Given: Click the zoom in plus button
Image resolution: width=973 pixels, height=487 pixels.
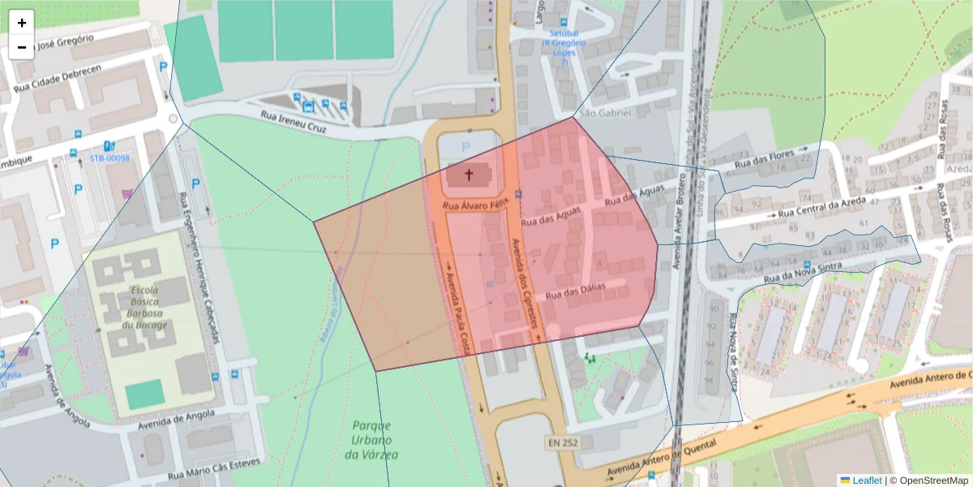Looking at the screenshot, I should pyautogui.click(x=22, y=23).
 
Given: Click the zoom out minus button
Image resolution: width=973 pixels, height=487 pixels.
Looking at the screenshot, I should pyautogui.click(x=22, y=47).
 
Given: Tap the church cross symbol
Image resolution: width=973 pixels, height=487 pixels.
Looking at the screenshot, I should pyautogui.click(x=469, y=174).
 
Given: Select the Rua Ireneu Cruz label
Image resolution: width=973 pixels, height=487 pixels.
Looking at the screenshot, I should pyautogui.click(x=293, y=122).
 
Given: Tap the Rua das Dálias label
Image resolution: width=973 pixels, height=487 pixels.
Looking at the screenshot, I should pyautogui.click(x=577, y=293).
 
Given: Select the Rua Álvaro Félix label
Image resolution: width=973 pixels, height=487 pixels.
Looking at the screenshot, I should pyautogui.click(x=474, y=206).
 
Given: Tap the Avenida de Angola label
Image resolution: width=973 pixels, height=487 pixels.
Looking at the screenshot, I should pyautogui.click(x=176, y=419).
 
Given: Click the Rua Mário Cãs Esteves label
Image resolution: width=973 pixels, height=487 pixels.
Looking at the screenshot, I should pyautogui.click(x=215, y=469).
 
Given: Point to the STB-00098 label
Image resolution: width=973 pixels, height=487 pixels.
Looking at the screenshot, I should pyautogui.click(x=109, y=158).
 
